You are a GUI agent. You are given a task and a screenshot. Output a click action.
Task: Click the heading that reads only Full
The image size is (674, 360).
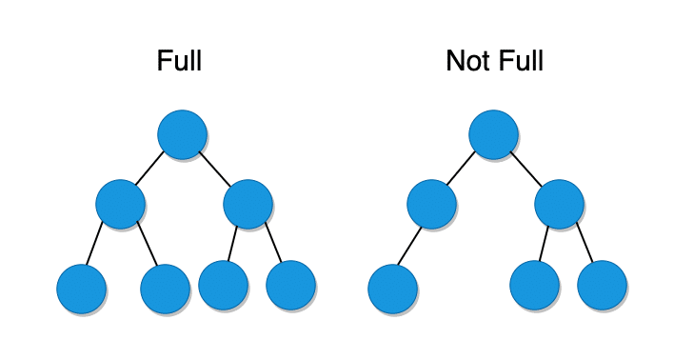(x=179, y=62)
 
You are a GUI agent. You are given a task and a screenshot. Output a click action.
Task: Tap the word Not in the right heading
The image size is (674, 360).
(x=465, y=62)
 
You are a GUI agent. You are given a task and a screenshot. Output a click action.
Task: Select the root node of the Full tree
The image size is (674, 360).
(x=182, y=134)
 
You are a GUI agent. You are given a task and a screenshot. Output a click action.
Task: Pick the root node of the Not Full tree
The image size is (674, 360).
(x=493, y=134)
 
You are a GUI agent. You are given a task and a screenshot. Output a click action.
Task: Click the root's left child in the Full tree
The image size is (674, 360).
(x=120, y=203)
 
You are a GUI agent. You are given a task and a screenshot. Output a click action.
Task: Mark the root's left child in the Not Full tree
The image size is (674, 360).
(x=431, y=203)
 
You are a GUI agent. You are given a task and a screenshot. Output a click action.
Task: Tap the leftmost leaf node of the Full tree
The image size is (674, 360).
(x=81, y=289)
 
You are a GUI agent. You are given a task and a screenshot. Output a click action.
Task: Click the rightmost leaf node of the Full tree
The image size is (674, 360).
(x=290, y=283)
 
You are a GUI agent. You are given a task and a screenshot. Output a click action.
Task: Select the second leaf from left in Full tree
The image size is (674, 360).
(x=165, y=289)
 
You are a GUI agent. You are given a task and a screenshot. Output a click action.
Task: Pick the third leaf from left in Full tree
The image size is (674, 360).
(x=224, y=283)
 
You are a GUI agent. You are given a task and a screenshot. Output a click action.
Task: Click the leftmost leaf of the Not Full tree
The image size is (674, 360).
(x=392, y=289)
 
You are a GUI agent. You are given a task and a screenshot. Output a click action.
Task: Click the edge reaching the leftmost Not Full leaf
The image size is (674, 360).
(x=410, y=247)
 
